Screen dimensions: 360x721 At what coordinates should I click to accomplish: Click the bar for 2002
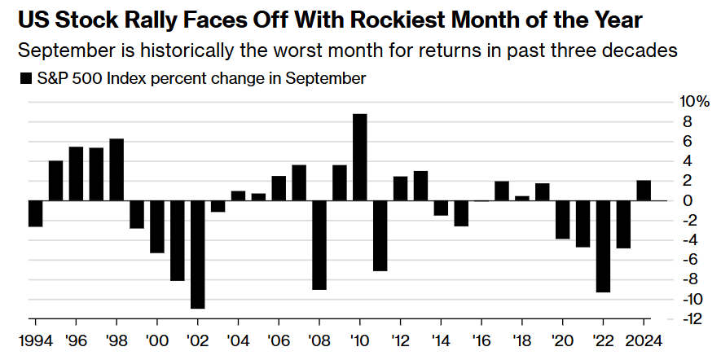197,254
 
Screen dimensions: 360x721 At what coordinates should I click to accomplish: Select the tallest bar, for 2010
359,157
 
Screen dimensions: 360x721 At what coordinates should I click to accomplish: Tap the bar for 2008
319,244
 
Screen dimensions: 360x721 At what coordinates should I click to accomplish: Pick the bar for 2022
602,246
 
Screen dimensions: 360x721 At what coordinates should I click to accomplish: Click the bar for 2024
643,191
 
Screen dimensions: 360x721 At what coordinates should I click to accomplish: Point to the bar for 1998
117,169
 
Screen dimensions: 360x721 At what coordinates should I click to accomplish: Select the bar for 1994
35,213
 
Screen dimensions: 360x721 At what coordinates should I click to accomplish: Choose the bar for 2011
380,235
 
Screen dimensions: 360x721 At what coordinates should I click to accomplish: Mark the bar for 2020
562,219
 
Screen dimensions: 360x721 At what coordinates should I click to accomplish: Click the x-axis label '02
197,340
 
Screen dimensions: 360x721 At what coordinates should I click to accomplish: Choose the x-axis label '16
481,340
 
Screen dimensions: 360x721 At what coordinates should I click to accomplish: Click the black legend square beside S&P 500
22,79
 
